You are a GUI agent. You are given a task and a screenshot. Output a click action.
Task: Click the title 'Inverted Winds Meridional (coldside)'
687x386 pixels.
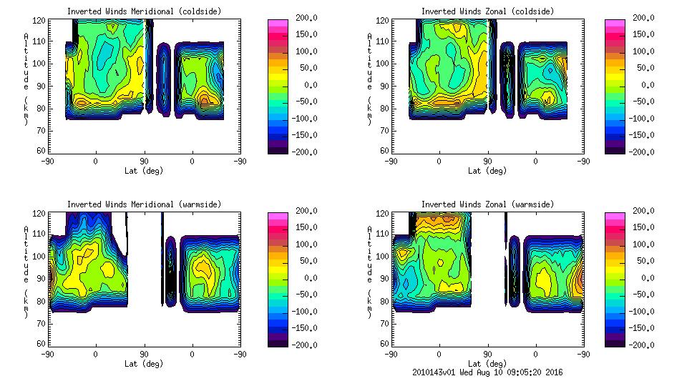(145, 11)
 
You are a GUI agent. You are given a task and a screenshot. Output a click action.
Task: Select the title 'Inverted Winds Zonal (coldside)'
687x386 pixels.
(487, 11)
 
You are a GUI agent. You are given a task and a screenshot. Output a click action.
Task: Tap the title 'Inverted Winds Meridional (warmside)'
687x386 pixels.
(145, 204)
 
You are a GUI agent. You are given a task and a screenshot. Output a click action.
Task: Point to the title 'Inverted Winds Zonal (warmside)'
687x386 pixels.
(487, 204)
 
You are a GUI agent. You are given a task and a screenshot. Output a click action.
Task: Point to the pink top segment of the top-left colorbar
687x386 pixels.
(277, 24)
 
